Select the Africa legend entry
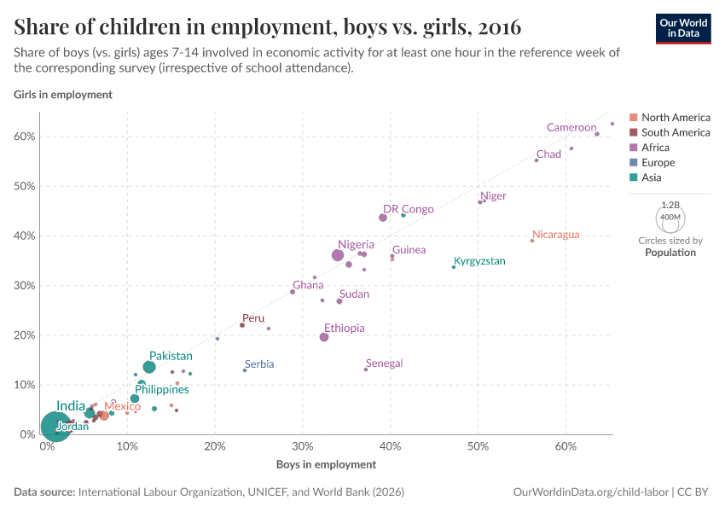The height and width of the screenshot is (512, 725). (655, 148)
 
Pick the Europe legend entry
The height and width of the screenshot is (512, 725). (658, 163)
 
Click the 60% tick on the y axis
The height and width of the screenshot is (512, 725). (24, 137)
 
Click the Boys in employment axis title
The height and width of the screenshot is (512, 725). (326, 465)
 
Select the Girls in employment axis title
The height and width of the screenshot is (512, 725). (63, 95)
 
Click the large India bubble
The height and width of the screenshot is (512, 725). (55, 425)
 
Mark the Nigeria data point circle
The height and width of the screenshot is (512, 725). (338, 255)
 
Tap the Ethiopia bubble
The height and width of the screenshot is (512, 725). (324, 337)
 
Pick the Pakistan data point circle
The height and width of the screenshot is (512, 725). (149, 367)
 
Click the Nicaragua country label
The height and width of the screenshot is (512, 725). (555, 235)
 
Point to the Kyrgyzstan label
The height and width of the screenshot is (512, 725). (479, 261)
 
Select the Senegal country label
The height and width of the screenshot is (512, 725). (384, 364)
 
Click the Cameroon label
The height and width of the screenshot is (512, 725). (571, 128)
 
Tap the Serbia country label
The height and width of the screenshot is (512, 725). (259, 364)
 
